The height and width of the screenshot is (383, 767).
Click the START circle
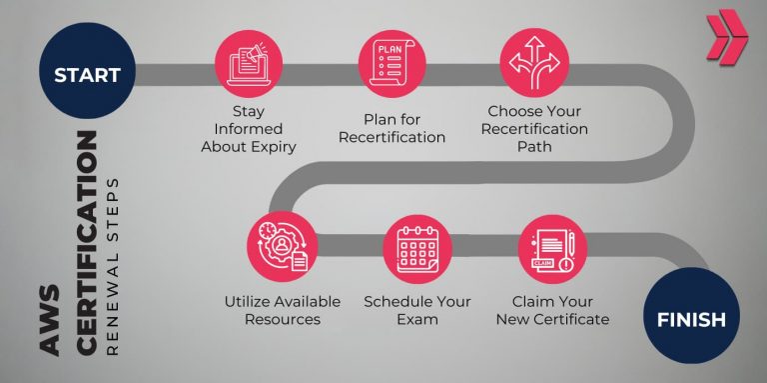click(87, 74)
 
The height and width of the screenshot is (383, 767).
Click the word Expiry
click(275, 146)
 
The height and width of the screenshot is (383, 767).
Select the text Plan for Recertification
click(391, 128)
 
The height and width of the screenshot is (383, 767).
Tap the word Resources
click(282, 320)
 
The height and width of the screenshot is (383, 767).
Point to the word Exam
click(417, 320)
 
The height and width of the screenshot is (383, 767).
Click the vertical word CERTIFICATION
click(87, 240)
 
